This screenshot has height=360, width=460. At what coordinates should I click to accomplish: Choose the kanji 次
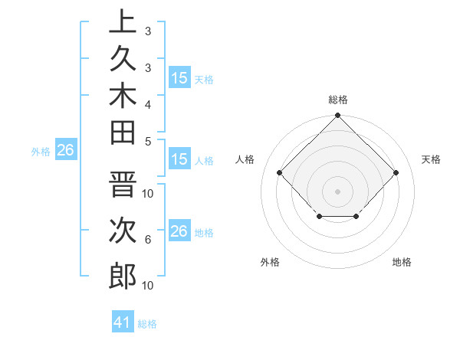(123, 231)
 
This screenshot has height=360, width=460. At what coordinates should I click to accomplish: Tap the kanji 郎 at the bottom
(123, 276)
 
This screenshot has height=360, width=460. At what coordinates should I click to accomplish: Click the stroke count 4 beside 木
(148, 103)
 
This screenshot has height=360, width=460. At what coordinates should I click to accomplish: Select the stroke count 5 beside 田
(148, 140)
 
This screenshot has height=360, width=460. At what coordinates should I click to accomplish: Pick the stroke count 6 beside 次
(148, 240)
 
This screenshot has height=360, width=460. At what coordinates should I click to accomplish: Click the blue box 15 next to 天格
(179, 77)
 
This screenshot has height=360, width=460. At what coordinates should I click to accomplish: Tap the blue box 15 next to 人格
(179, 159)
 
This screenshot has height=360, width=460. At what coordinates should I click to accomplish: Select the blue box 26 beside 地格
(179, 231)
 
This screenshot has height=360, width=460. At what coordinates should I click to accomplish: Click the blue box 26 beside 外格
(66, 150)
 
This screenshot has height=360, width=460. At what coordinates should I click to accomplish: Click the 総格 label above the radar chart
(338, 100)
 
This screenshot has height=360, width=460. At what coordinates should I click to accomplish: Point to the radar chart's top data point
(337, 116)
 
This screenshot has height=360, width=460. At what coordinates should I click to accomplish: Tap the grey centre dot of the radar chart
(337, 191)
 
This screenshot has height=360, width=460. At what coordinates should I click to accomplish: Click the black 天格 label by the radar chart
(431, 159)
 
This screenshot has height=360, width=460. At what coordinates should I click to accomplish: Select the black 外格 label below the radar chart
(270, 262)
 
